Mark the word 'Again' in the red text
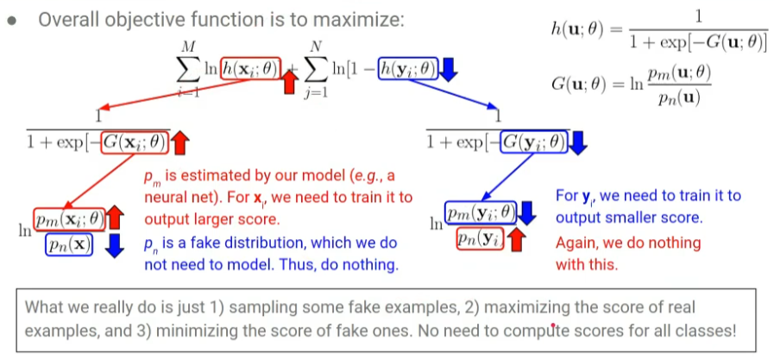pyautogui.click(x=574, y=243)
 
